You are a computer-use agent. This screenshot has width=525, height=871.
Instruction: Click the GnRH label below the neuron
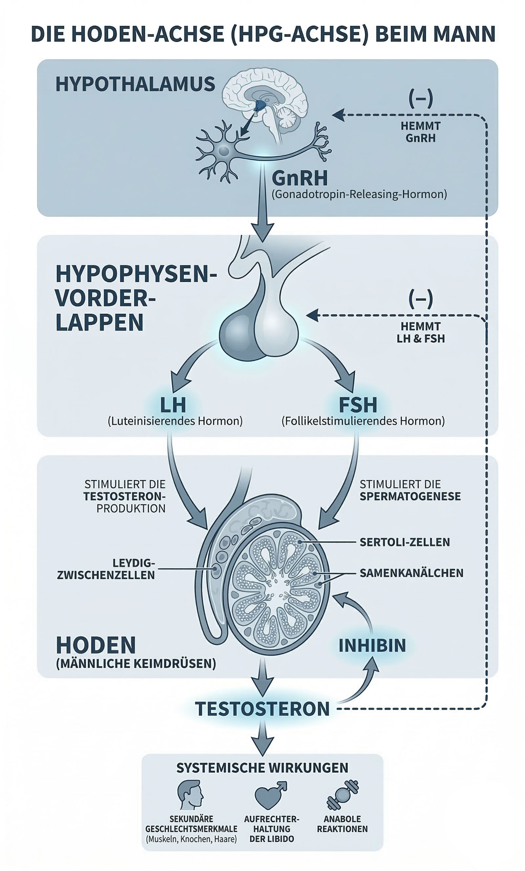click(x=300, y=178)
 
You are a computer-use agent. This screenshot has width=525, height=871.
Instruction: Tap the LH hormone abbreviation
click(x=173, y=405)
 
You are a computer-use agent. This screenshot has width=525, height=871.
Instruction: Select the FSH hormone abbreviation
click(x=358, y=405)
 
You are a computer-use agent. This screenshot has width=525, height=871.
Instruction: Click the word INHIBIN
click(x=372, y=646)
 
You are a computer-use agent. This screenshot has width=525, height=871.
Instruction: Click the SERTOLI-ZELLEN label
click(x=405, y=542)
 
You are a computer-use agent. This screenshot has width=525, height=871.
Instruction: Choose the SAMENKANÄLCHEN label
click(x=411, y=573)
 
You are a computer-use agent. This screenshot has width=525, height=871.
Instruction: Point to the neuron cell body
click(x=223, y=151)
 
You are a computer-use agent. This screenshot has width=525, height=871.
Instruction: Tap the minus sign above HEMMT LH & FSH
click(x=421, y=299)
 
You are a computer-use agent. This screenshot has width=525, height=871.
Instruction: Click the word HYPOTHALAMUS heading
click(x=135, y=85)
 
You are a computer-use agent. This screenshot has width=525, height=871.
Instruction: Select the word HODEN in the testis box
click(x=96, y=645)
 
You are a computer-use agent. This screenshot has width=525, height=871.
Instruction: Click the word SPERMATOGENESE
click(x=410, y=496)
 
